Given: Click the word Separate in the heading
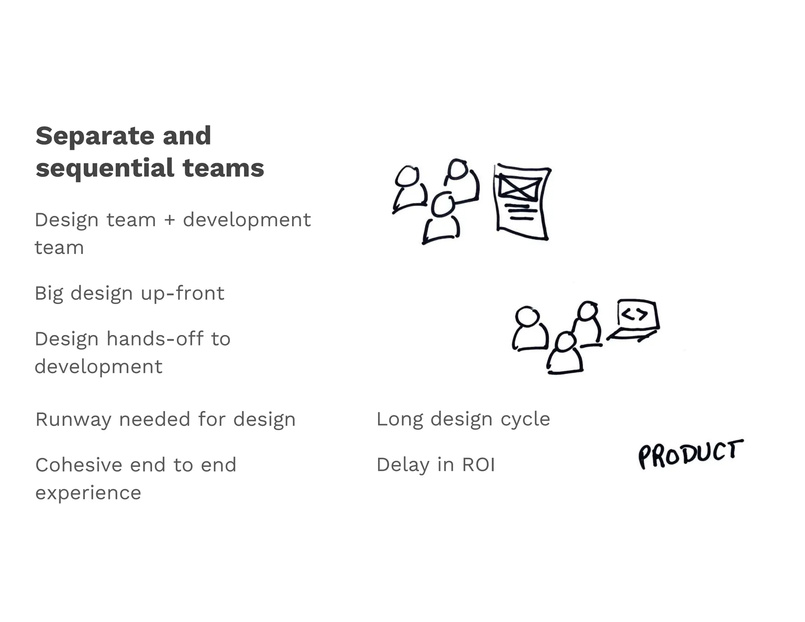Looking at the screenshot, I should pyautogui.click(x=94, y=136).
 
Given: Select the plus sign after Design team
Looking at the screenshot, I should pyautogui.click(x=169, y=220).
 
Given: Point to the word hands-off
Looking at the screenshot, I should pyautogui.click(x=155, y=339).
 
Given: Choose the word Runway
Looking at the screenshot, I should pyautogui.click(x=73, y=420).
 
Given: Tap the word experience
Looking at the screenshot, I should pyautogui.click(x=88, y=493).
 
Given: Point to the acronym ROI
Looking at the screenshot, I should pyautogui.click(x=478, y=465).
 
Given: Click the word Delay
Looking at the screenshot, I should pyautogui.click(x=403, y=465).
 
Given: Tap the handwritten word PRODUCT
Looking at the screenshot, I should pyautogui.click(x=691, y=454).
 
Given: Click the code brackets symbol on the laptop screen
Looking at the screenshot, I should pyautogui.click(x=635, y=314).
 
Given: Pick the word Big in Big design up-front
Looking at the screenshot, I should pyautogui.click(x=49, y=293).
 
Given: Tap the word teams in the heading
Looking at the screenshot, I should pyautogui.click(x=223, y=168).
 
